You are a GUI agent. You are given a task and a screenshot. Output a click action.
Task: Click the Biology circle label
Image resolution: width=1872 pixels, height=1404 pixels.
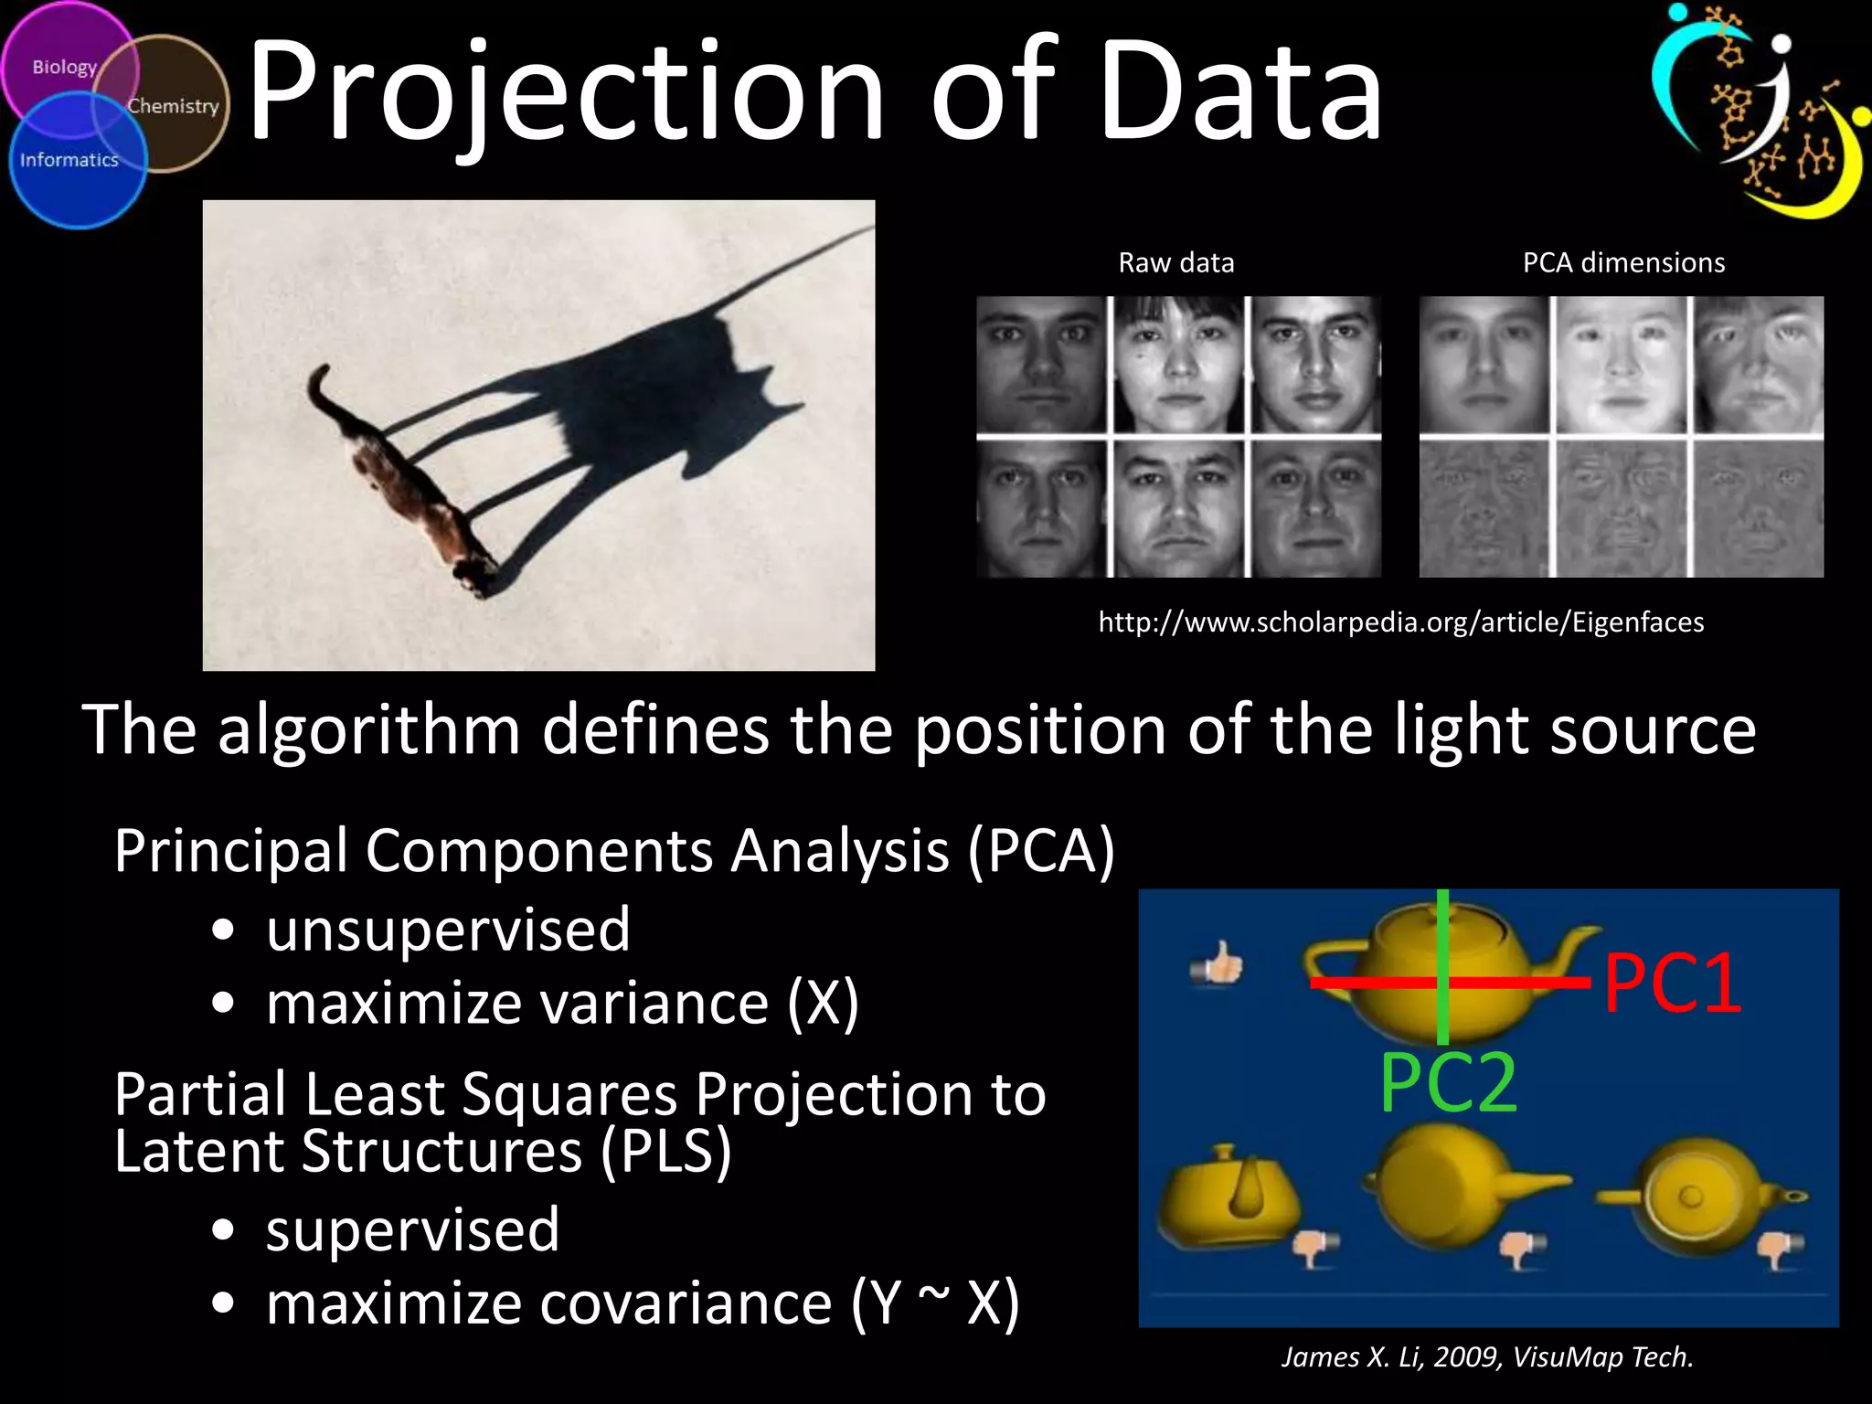pyautogui.click(x=64, y=68)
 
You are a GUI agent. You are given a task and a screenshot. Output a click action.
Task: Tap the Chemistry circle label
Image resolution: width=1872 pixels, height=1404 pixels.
pyautogui.click(x=173, y=106)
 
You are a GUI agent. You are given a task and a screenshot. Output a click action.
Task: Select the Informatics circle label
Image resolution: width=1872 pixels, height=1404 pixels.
pyautogui.click(x=69, y=160)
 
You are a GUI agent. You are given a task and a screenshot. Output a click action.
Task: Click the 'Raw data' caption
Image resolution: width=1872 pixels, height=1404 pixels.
pyautogui.click(x=1175, y=263)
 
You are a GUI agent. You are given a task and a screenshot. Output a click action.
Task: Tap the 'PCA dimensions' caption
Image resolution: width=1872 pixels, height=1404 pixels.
pyautogui.click(x=1623, y=263)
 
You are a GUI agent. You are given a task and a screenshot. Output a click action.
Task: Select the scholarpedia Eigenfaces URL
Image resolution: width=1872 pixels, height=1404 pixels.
pyautogui.click(x=1400, y=622)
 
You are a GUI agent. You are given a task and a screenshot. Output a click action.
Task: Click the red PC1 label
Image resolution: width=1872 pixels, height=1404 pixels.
pyautogui.click(x=1672, y=984)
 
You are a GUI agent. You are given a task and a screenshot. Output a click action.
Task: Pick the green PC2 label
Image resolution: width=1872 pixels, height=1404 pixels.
pyautogui.click(x=1448, y=1084)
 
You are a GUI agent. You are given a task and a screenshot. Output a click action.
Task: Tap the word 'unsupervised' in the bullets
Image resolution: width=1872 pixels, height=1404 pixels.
pyautogui.click(x=448, y=931)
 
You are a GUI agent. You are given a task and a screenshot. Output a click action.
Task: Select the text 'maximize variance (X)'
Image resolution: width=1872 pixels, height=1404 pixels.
pyautogui.click(x=562, y=1004)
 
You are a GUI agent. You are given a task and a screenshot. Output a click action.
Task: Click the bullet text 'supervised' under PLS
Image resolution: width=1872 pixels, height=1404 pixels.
pyautogui.click(x=412, y=1230)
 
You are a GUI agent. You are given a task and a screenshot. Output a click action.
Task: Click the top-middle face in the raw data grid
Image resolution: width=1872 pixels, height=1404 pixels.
pyautogui.click(x=1178, y=365)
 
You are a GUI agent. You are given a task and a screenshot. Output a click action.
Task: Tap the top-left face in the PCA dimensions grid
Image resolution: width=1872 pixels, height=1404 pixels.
pyautogui.click(x=1484, y=365)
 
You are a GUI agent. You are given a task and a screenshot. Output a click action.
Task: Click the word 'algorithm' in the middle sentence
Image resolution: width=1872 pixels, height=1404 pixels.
pyautogui.click(x=368, y=730)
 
